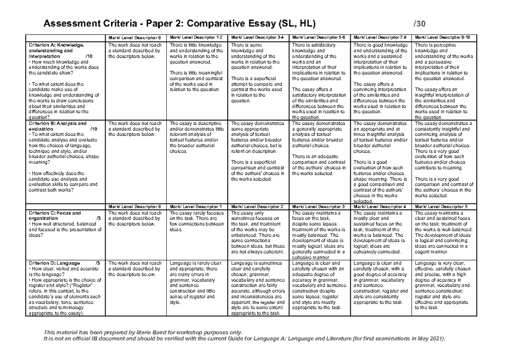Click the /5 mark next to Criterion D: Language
98,263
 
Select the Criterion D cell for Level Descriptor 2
258,288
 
